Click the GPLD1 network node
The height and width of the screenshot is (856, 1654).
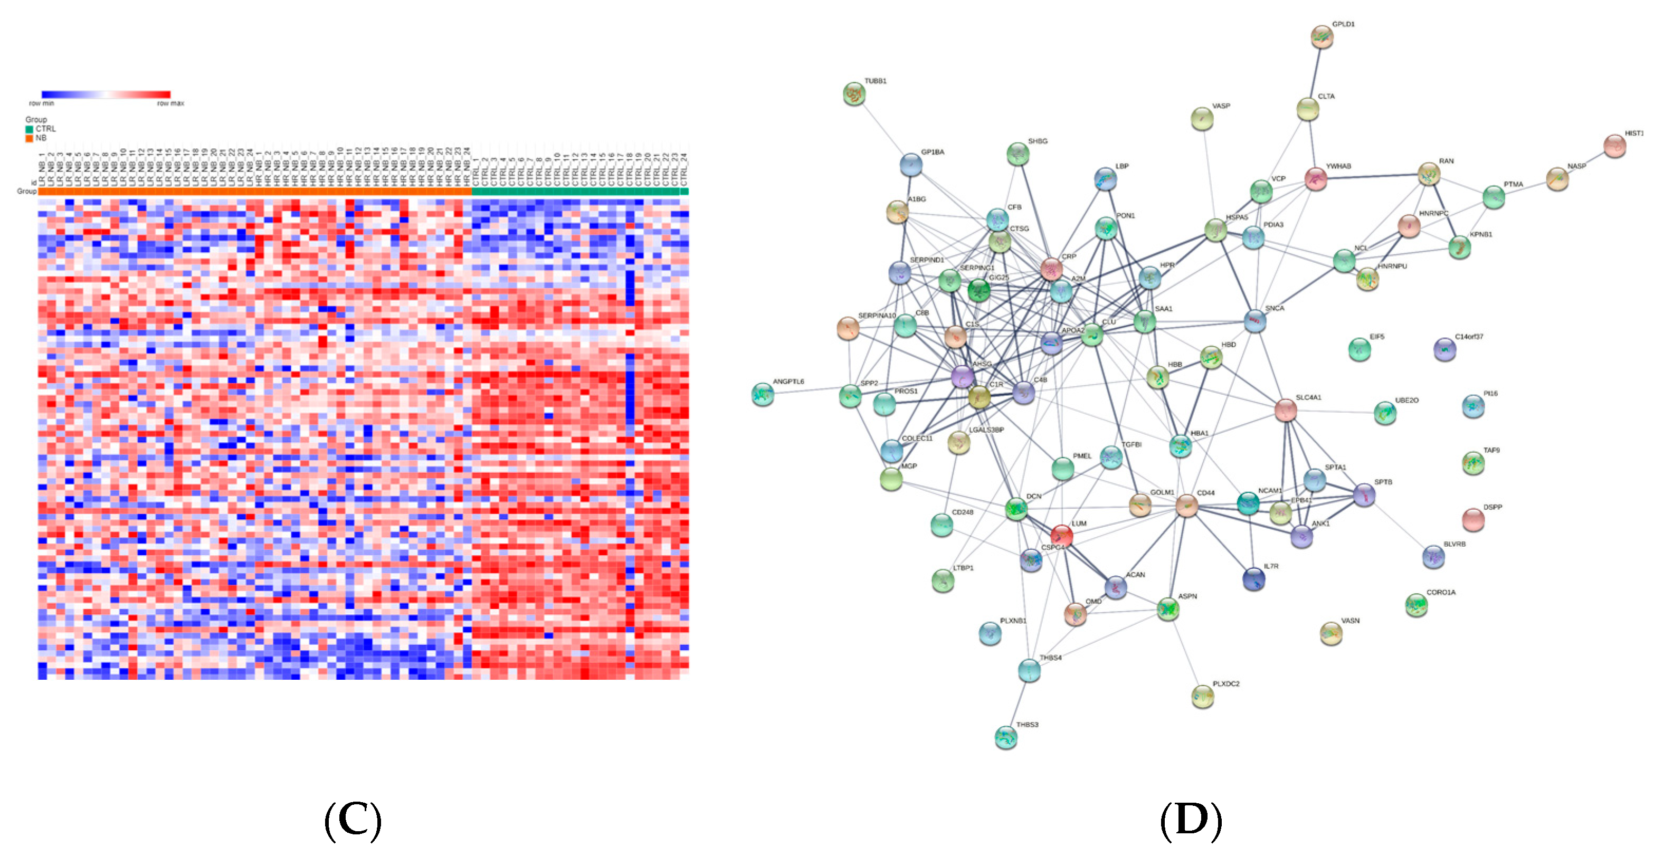point(1322,36)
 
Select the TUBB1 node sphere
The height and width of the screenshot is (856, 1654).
point(854,94)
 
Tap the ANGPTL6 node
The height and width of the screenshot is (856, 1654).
point(762,394)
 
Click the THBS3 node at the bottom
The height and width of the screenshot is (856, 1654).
point(1005,737)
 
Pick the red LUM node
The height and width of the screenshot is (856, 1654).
point(1061,535)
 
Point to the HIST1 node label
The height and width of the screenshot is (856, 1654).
point(1633,134)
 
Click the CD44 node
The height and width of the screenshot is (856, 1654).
point(1186,506)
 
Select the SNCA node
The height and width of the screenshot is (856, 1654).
point(1254,321)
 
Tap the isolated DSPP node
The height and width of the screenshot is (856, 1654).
point(1473,519)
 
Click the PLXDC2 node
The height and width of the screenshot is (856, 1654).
point(1203,696)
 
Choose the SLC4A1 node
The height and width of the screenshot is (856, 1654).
point(1285,410)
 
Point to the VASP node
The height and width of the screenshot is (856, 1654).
point(1202,119)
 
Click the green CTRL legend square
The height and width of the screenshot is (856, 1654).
point(29,129)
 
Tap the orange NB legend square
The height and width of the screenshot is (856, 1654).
point(29,138)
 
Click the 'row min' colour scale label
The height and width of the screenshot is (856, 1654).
point(42,103)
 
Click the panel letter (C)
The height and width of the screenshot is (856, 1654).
point(353,820)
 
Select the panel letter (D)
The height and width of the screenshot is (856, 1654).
point(1191,820)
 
